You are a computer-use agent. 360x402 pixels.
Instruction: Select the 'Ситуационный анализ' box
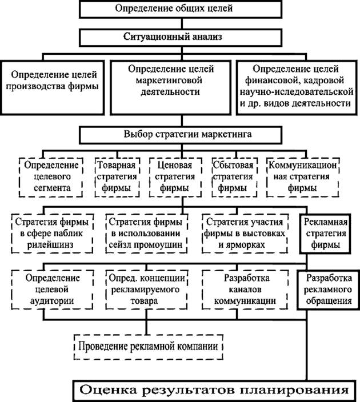click(181, 37)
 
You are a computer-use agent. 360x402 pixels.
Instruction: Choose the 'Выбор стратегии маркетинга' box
click(181, 135)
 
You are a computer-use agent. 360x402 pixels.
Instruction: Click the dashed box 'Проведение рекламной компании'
click(150, 346)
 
